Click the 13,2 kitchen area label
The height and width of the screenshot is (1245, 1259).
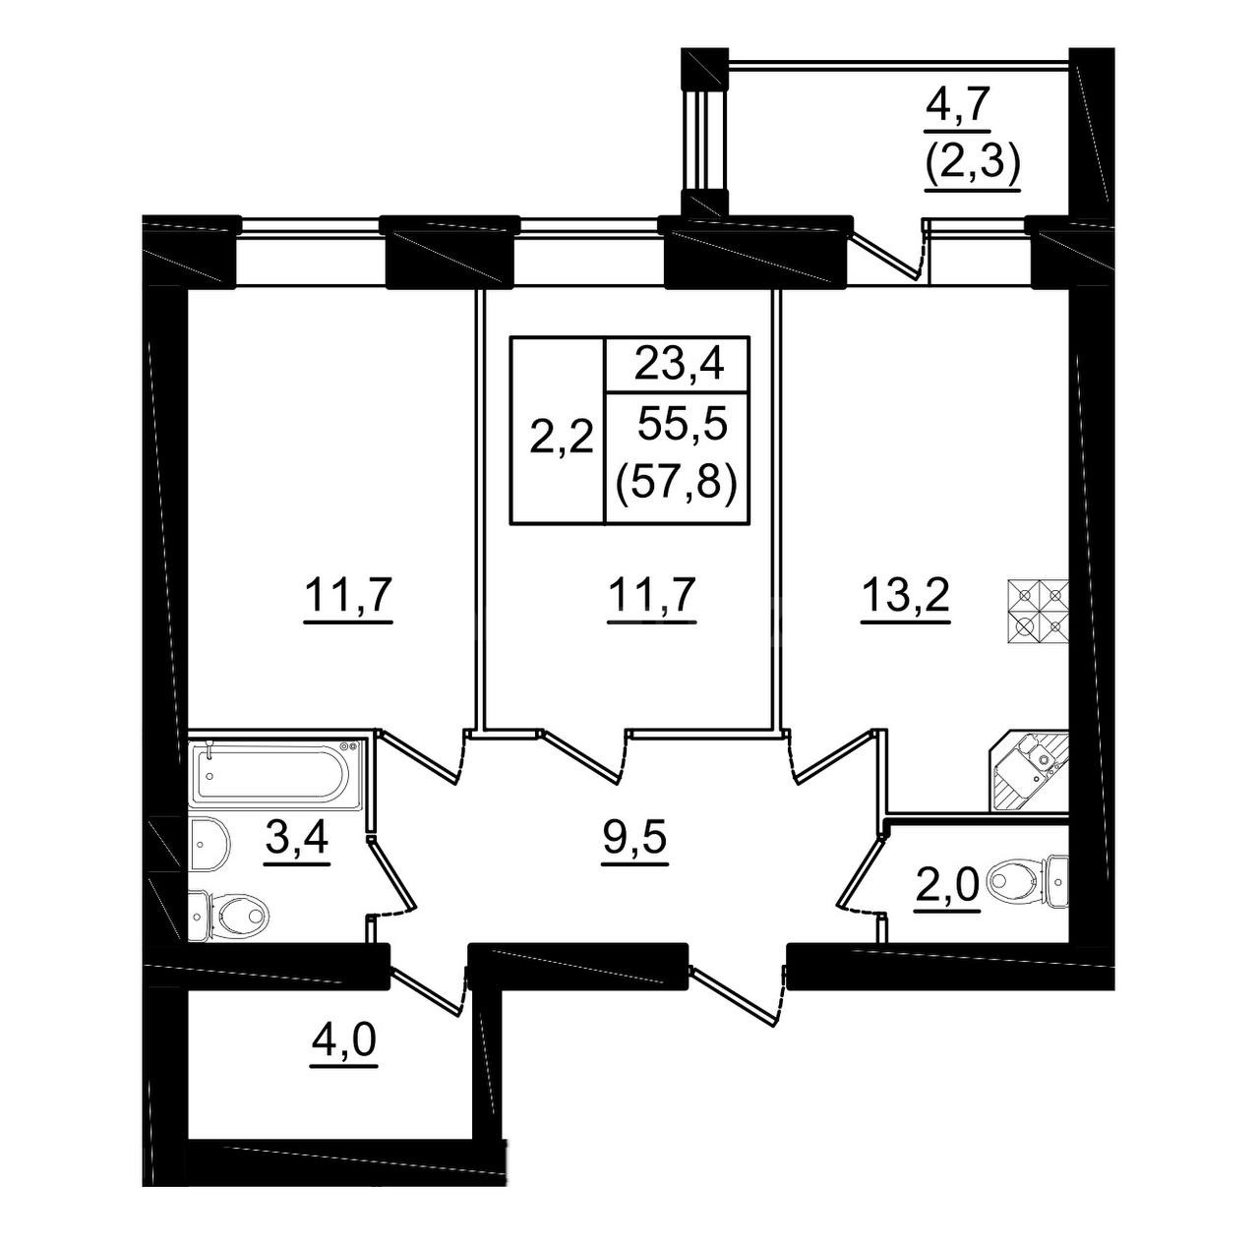pyautogui.click(x=905, y=595)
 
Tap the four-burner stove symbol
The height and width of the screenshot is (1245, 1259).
pyautogui.click(x=1038, y=613)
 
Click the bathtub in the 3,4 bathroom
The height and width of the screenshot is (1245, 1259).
pyautogui.click(x=275, y=775)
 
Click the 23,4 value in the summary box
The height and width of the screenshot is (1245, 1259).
pyautogui.click(x=678, y=364)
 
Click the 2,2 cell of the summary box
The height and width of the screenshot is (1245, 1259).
pyautogui.click(x=560, y=437)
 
